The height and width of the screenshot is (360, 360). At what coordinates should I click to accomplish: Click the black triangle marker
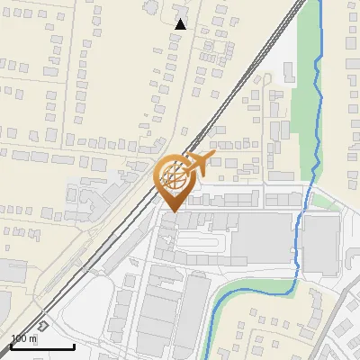[180, 24]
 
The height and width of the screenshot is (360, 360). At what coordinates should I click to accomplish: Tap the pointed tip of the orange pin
[172, 211]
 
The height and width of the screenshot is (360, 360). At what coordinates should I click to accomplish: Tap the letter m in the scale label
[34, 339]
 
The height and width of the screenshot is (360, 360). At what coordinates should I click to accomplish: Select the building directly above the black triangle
[179, 8]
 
